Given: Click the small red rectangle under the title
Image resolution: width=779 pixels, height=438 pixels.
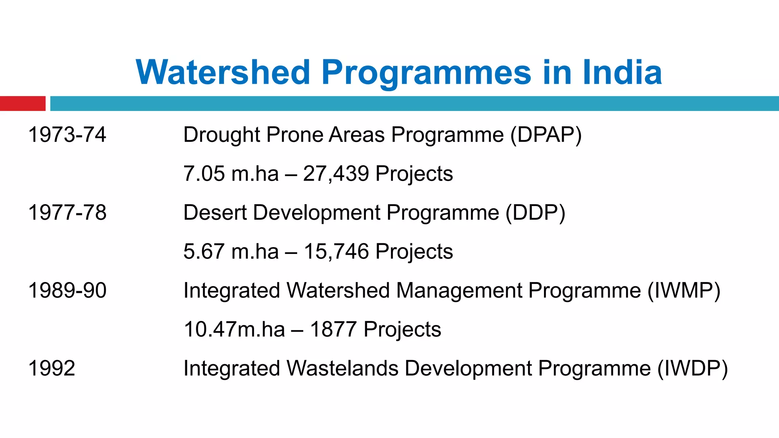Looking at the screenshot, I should click(22, 103).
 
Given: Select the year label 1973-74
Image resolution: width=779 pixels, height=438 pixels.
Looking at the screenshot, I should click(67, 135).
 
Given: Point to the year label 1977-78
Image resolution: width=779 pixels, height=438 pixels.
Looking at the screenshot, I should click(67, 212).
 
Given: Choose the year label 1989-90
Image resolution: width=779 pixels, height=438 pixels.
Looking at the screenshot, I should click(67, 290).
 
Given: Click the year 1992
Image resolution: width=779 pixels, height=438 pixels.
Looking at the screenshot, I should click(52, 368).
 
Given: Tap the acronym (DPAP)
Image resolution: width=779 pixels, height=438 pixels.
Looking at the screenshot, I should click(546, 135).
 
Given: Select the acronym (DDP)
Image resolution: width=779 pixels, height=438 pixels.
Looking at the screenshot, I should click(535, 212).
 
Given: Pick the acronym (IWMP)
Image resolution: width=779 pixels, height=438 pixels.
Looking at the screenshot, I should click(684, 290).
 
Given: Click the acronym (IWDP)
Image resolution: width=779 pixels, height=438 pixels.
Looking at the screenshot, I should click(693, 368).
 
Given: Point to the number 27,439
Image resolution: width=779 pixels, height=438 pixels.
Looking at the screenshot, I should click(336, 173).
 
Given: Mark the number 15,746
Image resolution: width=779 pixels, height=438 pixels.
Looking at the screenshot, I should click(336, 251).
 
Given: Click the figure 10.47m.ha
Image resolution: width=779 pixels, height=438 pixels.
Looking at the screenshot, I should click(234, 329).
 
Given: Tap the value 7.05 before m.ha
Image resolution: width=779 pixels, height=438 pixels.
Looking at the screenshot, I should click(204, 173).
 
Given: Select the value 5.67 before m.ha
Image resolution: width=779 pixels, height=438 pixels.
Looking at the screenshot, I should click(204, 251).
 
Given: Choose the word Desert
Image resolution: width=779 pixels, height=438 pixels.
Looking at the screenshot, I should click(215, 212).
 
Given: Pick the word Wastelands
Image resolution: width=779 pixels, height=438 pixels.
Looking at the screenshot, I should click(342, 368).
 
